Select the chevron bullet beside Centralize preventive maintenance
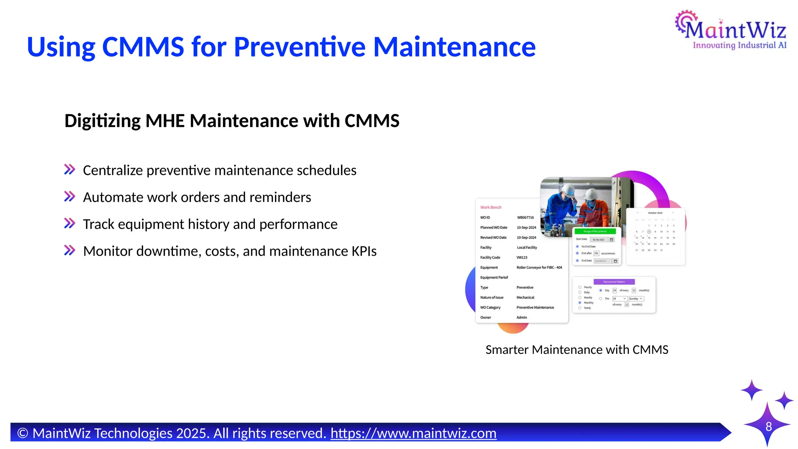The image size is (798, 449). point(70,170)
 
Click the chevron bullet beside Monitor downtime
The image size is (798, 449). point(70,250)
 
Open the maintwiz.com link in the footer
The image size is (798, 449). point(413,433)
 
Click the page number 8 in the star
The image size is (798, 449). point(768,426)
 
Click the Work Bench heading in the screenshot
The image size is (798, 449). point(491,207)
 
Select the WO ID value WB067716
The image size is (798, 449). point(525,217)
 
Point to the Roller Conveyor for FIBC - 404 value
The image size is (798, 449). point(539,267)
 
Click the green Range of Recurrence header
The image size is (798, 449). point(595,232)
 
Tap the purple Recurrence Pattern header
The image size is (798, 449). point(614,282)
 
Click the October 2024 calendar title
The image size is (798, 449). point(655,213)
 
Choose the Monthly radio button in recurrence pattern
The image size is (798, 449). point(580,303)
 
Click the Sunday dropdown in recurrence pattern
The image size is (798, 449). point(636,299)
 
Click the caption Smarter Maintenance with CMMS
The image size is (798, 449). point(577,350)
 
